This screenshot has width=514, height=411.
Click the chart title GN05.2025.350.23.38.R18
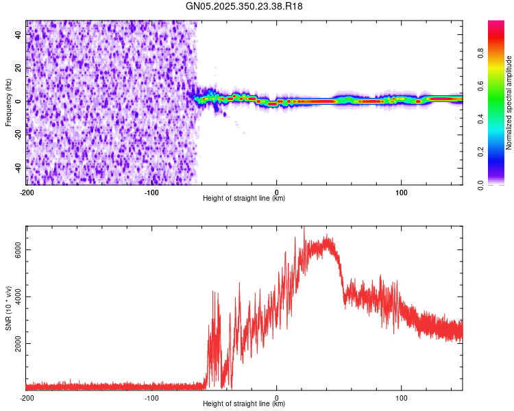(x=245, y=6)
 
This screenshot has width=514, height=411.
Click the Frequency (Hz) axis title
(x=8, y=102)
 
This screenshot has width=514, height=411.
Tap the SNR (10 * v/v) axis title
(x=8, y=308)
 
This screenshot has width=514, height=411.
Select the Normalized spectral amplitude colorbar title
(x=509, y=103)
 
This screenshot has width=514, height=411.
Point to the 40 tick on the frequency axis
(x=19, y=35)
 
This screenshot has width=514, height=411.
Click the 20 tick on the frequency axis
(x=19, y=68)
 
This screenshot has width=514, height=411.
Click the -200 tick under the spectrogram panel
(x=27, y=191)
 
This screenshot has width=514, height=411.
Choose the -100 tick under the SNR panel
(x=151, y=397)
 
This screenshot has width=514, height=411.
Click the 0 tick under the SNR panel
(x=276, y=397)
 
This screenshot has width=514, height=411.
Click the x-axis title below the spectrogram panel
(x=245, y=199)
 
